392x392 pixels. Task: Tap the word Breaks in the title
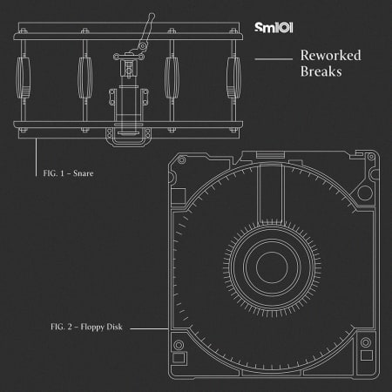click(x=321, y=72)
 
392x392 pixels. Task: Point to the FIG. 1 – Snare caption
click(x=68, y=174)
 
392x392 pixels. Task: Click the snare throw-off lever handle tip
click(x=152, y=17)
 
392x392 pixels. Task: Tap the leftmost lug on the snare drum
click(x=24, y=81)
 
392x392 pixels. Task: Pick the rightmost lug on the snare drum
click(x=233, y=81)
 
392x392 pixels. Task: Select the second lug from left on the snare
click(x=85, y=81)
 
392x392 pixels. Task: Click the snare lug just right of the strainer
click(x=172, y=81)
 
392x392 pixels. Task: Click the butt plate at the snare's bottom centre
click(x=128, y=136)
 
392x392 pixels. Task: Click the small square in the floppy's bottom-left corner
click(x=180, y=357)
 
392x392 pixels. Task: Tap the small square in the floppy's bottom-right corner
click(x=367, y=356)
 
